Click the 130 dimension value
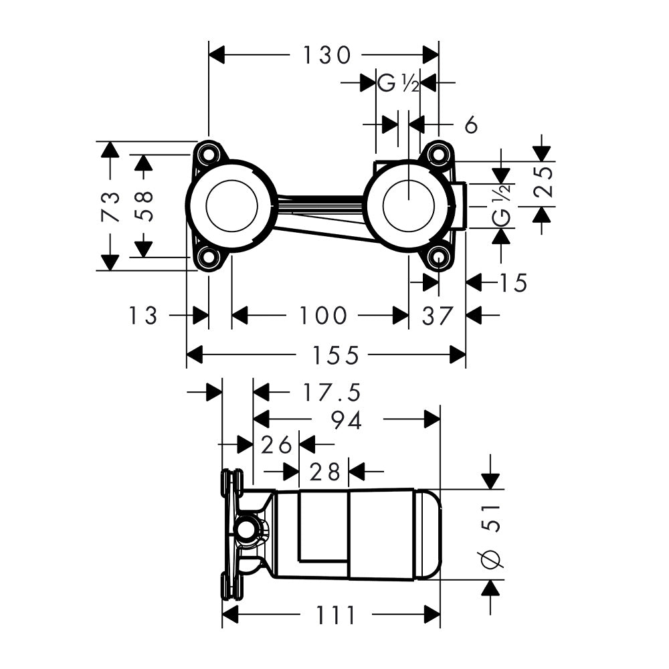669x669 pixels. click(327, 56)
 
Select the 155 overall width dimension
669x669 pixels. click(336, 355)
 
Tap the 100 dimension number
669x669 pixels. click(323, 316)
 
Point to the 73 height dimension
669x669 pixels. click(110, 207)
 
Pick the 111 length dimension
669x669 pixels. click(335, 615)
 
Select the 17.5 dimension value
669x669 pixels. click(332, 393)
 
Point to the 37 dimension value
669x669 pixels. click(437, 316)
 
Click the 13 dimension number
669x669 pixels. click(143, 316)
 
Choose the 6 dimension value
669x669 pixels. click(471, 124)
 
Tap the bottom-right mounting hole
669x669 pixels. click(439, 258)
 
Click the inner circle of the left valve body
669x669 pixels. click(231, 205)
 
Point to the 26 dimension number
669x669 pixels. click(276, 445)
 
